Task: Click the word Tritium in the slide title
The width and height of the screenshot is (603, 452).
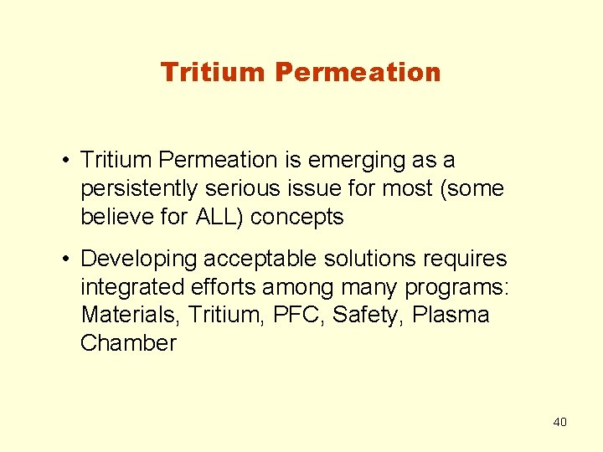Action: tap(213, 72)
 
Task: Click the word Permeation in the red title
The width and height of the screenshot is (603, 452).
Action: tap(358, 72)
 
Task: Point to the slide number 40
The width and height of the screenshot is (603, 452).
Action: tap(559, 422)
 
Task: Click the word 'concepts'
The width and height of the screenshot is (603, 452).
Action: tap(297, 217)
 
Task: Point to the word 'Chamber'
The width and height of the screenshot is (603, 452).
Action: tap(128, 344)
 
